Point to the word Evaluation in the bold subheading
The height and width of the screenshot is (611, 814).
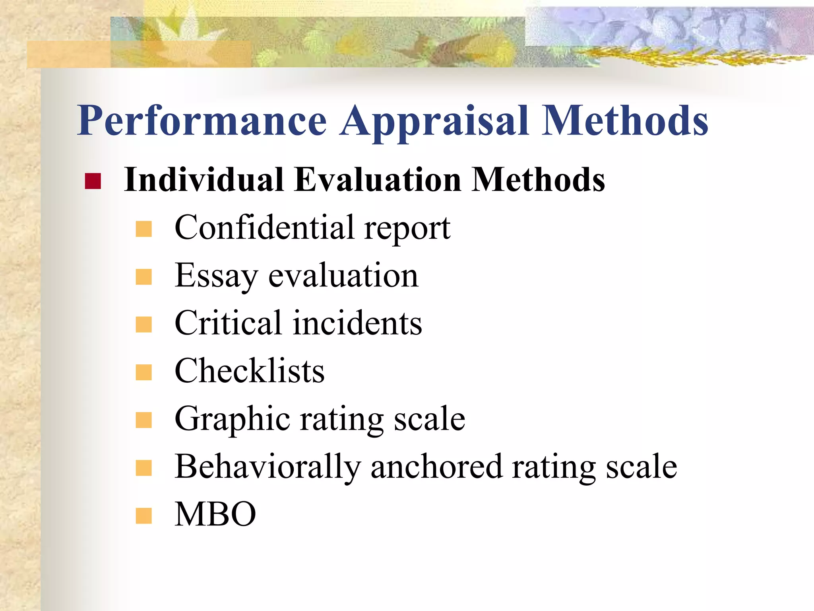(x=378, y=180)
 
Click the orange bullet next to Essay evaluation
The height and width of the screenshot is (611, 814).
(x=143, y=277)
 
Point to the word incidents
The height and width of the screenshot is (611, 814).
(x=357, y=323)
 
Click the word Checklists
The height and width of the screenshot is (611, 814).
(x=250, y=371)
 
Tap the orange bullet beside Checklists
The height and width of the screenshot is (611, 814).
(x=143, y=372)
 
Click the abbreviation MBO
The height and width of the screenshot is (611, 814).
(x=215, y=514)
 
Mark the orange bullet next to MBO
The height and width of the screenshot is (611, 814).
(x=143, y=516)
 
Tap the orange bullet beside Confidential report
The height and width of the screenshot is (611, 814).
(x=143, y=229)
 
